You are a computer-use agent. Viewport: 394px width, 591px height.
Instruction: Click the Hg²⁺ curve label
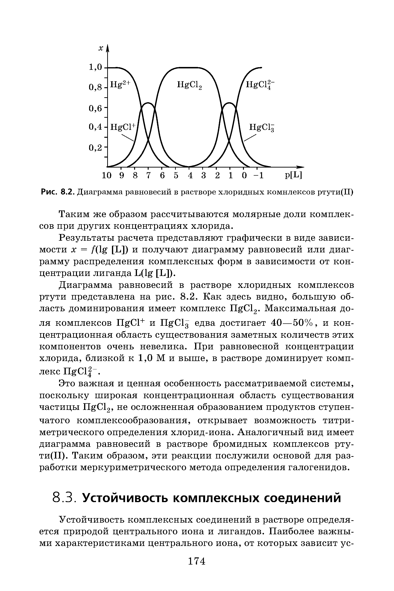(120, 84)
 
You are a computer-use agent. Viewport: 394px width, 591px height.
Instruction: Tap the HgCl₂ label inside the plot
(189, 85)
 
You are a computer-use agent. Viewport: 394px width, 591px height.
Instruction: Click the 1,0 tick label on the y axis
(96, 67)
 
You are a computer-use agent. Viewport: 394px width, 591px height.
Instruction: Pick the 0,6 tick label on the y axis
(96, 108)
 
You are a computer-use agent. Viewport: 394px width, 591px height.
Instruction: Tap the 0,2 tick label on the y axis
(96, 148)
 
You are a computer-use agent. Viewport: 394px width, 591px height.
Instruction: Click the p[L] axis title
(293, 175)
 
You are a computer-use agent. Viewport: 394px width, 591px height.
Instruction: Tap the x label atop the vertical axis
(101, 48)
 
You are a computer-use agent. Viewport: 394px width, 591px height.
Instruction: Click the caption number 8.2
(68, 192)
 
